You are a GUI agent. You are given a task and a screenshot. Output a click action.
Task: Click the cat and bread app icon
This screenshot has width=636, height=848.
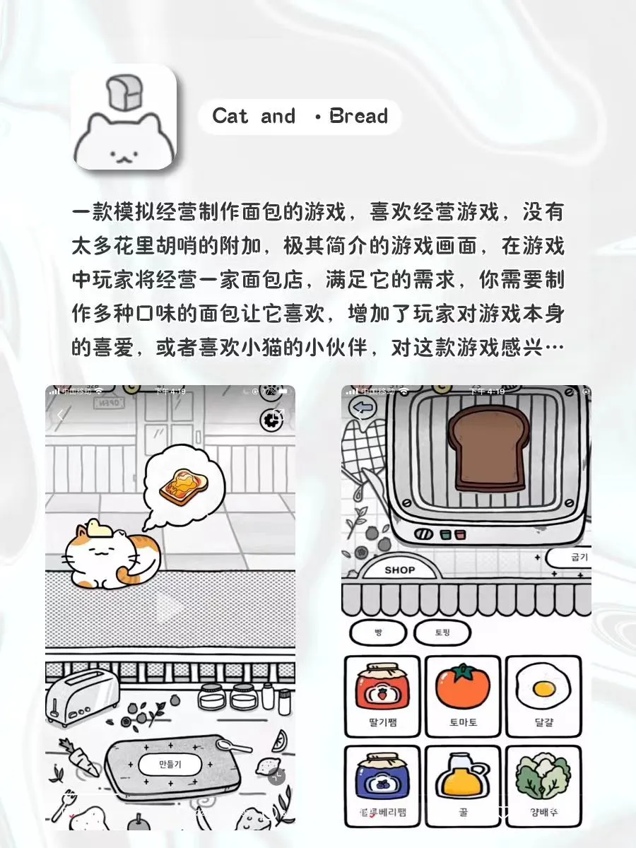point(124,117)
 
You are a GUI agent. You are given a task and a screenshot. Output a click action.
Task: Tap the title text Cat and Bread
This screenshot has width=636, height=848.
point(300,117)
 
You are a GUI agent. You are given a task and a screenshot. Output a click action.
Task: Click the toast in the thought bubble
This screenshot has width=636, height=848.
point(183,485)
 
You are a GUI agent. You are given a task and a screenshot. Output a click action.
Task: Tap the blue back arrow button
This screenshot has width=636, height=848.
point(362,408)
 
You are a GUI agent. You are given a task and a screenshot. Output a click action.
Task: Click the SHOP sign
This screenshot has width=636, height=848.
point(400,570)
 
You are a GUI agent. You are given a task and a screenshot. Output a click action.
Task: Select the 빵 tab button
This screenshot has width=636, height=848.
point(378,632)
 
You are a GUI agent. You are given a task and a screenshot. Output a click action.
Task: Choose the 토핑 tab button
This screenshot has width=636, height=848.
point(442,632)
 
